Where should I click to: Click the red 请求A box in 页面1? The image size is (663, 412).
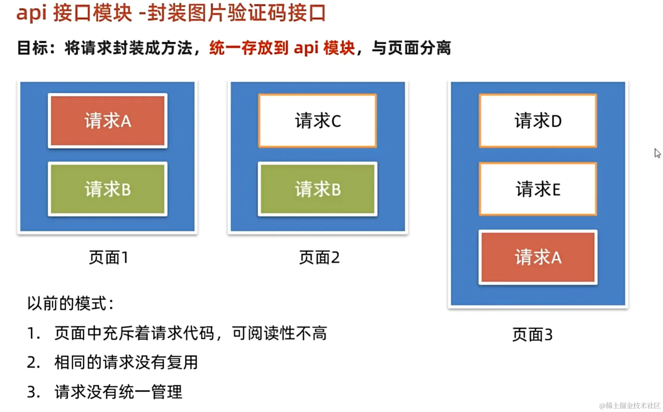108,121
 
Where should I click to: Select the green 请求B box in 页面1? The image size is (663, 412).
108,189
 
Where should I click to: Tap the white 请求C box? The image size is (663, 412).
318,121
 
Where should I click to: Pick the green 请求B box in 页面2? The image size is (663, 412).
318,189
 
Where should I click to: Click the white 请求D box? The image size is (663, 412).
538,121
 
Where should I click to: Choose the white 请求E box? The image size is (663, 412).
538,189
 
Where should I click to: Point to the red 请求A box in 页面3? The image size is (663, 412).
538,257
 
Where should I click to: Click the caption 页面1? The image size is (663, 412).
109,258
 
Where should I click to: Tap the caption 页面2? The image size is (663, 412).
319,258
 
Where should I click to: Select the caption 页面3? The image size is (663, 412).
532,335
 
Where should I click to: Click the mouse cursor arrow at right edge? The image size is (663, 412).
657,153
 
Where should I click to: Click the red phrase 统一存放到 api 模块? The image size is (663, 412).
282,48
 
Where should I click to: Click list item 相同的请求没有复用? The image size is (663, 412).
126,363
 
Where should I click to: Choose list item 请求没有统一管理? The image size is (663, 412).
118,392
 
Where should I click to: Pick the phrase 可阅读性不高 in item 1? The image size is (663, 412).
280,333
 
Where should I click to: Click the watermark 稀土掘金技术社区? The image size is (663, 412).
630,405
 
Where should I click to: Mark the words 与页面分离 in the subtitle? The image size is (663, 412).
411,48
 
